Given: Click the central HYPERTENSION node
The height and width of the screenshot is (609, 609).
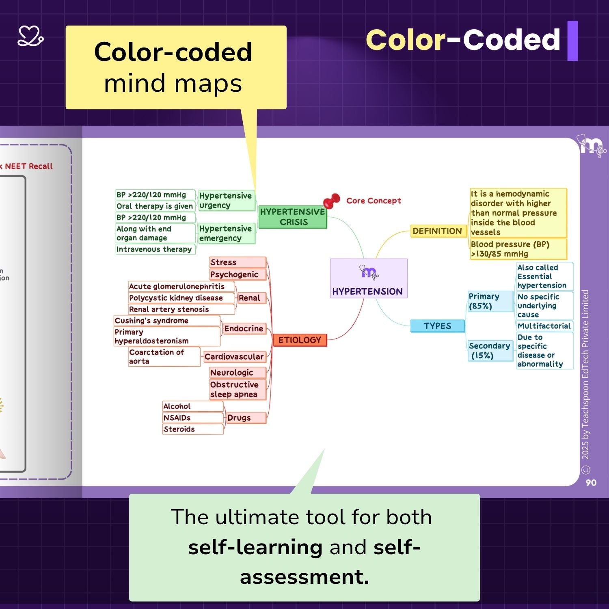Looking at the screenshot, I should [369, 279].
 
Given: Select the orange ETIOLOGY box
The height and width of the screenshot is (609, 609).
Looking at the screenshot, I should [300, 340].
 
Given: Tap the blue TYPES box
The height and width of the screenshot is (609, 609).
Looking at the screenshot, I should [437, 326].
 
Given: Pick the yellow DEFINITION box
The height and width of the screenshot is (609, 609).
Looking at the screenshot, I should [437, 231].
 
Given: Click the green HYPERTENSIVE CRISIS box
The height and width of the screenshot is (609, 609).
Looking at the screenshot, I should [293, 217].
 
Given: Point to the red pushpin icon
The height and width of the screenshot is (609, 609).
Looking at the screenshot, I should [331, 201].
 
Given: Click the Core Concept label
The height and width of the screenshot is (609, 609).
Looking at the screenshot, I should [374, 201].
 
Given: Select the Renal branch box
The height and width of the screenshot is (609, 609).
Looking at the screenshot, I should [249, 298].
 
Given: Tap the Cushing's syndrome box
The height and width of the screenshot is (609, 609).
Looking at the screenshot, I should [166, 321].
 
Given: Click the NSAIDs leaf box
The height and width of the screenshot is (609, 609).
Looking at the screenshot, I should [192, 418].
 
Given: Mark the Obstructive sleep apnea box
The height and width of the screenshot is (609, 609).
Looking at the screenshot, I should [237, 389].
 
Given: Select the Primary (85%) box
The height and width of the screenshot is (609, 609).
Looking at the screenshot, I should [490, 301].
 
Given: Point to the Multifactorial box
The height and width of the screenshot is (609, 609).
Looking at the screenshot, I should [544, 326].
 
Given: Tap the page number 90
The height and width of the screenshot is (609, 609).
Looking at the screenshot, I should [591, 483].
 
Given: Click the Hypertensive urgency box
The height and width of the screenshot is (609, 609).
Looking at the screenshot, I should [226, 201].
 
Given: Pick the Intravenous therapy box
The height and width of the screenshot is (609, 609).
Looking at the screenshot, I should [155, 249].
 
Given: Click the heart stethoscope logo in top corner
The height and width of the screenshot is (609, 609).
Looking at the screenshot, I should [30, 37].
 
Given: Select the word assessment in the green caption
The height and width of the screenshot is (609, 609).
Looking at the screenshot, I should [304, 577].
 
